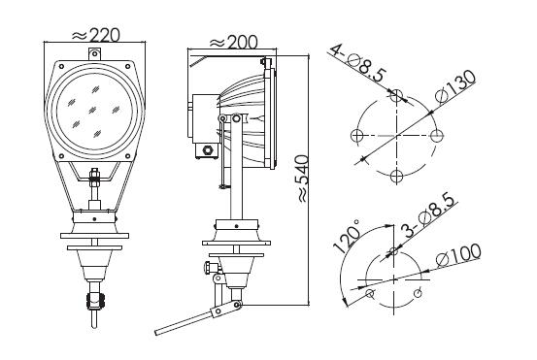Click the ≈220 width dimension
(x=96, y=35)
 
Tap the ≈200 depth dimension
(x=233, y=43)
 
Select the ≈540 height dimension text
(x=303, y=179)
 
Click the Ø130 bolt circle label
(x=455, y=86)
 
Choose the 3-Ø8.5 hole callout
(x=430, y=215)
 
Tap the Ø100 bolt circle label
(x=458, y=255)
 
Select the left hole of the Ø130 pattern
(x=356, y=136)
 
